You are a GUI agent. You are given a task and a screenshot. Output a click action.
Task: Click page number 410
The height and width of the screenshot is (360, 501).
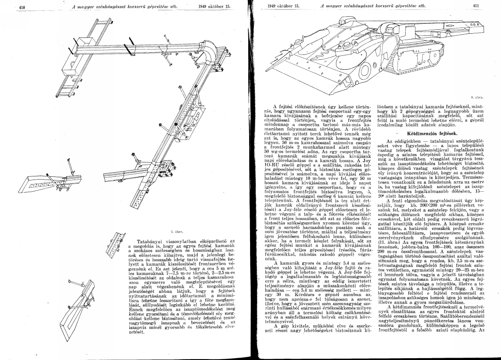click(21, 7)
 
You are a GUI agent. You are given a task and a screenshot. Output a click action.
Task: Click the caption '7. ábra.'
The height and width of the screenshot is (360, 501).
click(171, 233)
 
